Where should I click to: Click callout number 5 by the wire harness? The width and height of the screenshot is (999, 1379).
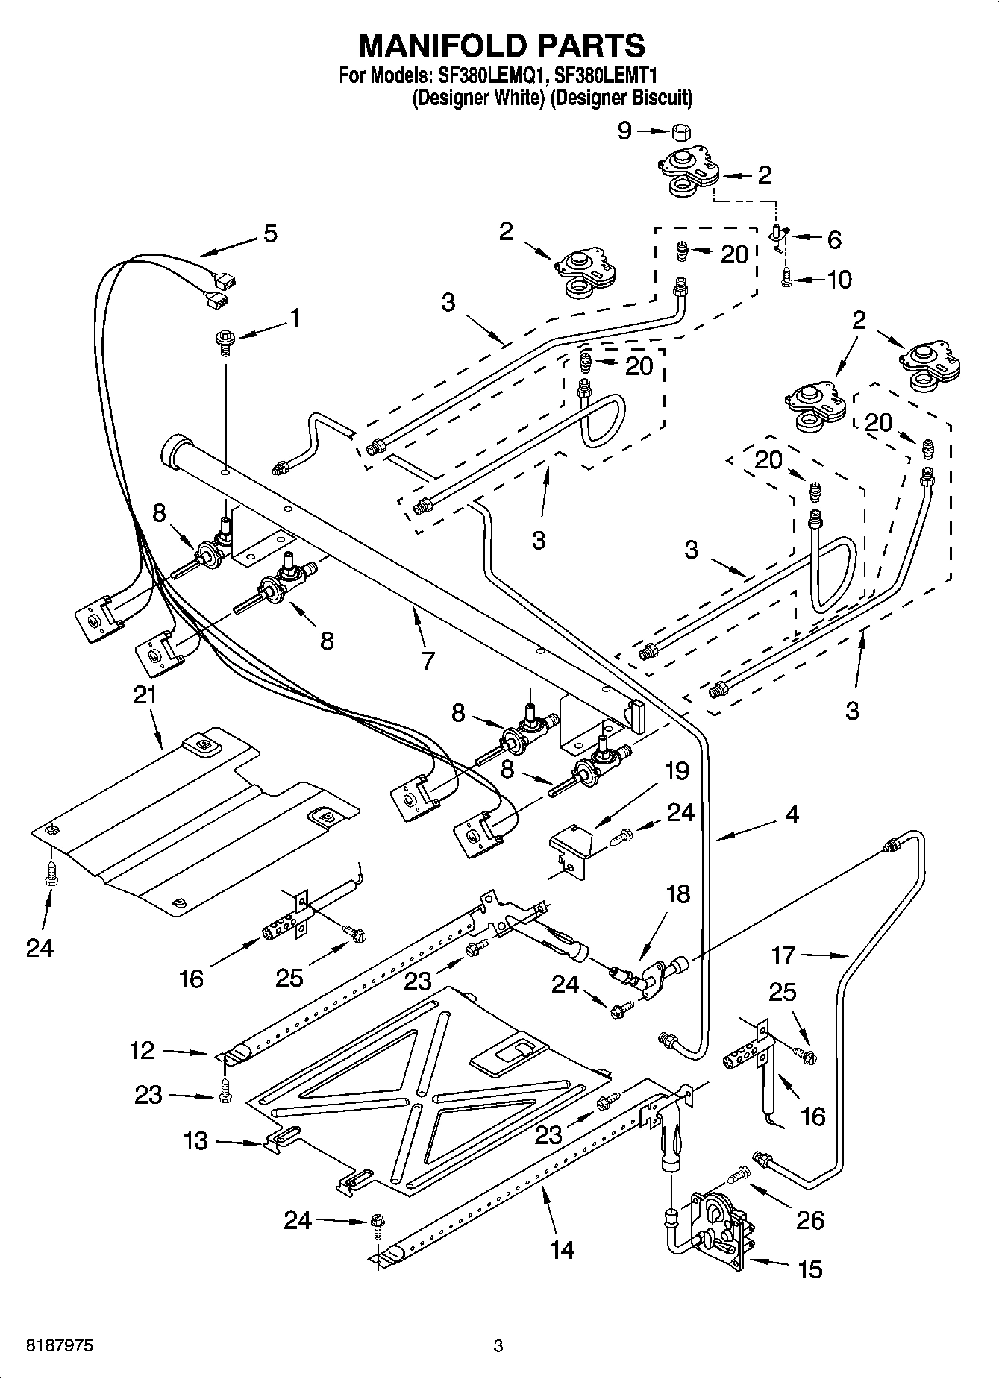[270, 233]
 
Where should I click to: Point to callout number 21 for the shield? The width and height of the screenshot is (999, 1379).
[145, 695]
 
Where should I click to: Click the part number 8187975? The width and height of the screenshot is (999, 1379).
[49, 1346]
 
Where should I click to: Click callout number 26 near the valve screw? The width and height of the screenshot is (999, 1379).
[810, 1220]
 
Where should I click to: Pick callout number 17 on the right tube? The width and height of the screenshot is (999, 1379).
[784, 954]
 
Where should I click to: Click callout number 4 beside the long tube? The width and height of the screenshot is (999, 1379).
[792, 814]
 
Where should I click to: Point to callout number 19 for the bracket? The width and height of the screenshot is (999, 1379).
[677, 770]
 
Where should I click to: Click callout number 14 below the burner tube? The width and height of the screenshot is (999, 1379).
[562, 1249]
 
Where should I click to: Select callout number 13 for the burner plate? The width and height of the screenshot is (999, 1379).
[195, 1140]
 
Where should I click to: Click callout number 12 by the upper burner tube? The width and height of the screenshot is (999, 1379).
[142, 1050]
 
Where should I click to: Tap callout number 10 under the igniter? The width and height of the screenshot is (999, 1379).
[839, 280]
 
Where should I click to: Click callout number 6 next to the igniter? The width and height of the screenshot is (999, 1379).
[834, 239]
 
